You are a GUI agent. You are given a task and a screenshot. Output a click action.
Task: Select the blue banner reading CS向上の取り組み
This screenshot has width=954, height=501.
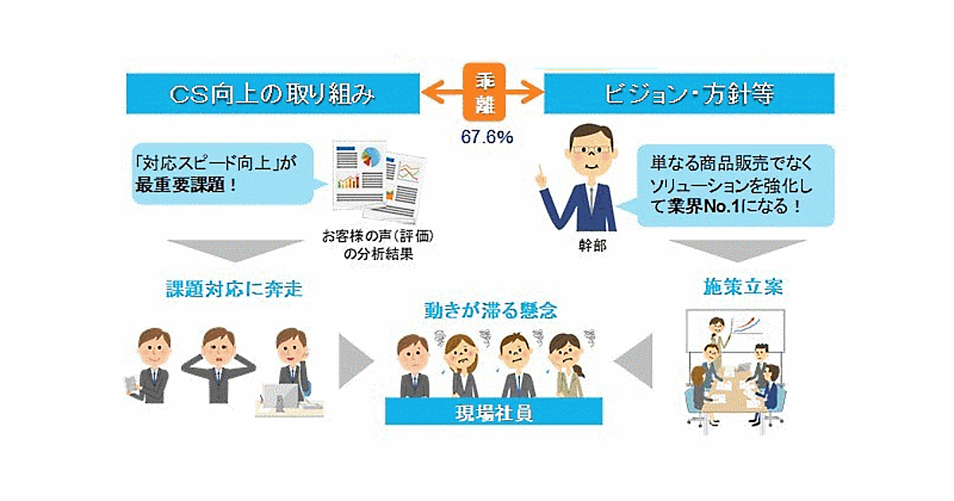[273, 94]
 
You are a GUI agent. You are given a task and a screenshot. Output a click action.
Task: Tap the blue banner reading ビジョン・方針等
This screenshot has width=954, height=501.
[688, 94]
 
